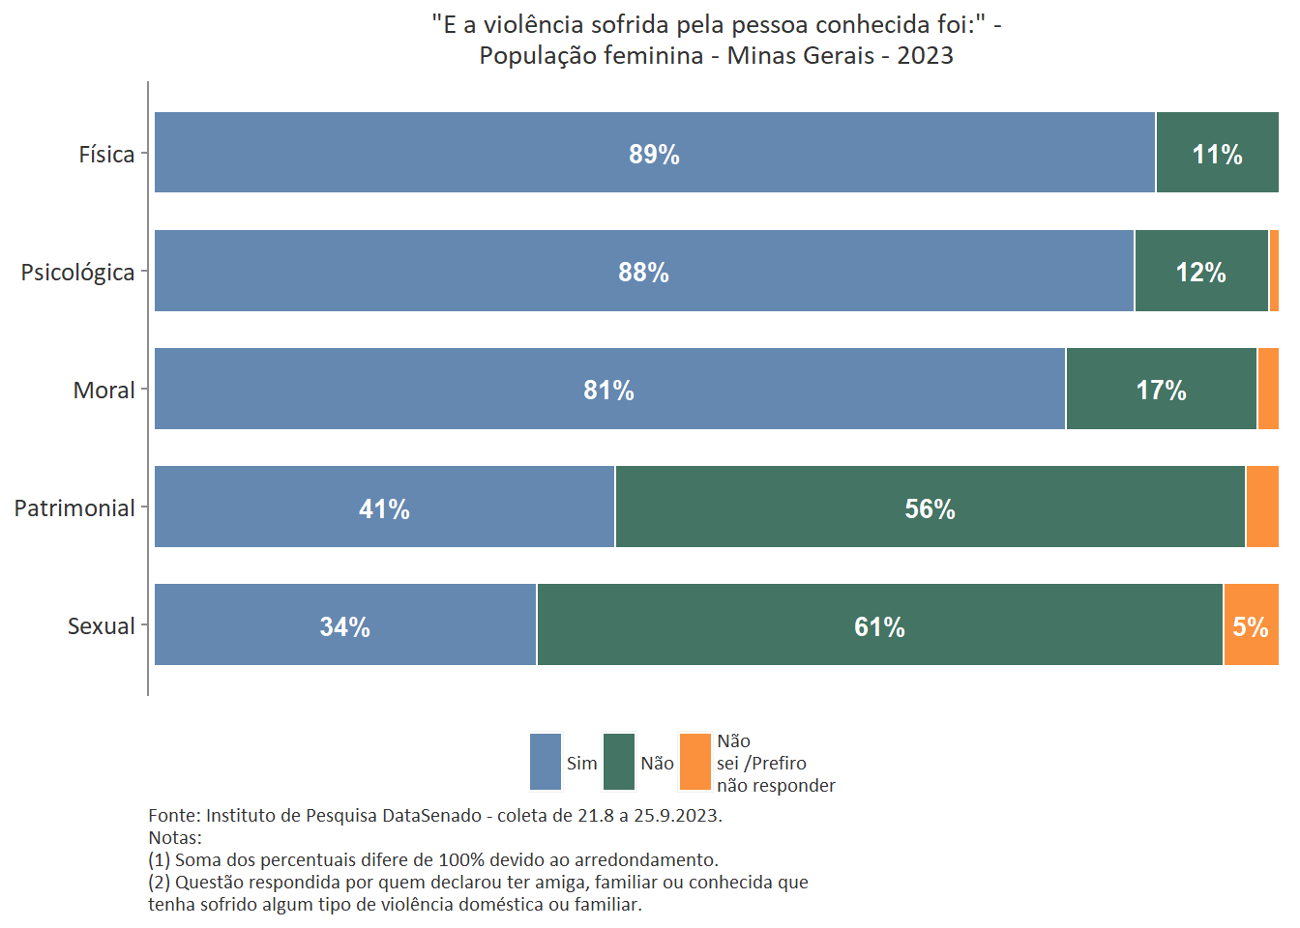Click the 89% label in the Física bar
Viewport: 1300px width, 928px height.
click(x=654, y=155)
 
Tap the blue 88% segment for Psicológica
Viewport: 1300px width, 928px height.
click(x=643, y=272)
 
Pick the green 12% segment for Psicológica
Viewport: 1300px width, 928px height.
click(x=1200, y=272)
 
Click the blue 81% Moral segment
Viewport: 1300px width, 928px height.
click(x=608, y=390)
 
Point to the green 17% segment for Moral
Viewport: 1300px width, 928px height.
click(x=1161, y=390)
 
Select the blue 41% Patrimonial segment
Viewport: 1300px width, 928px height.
click(x=384, y=507)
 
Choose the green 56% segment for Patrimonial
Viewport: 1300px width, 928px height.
click(x=930, y=507)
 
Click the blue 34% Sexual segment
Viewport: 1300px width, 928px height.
click(x=344, y=625)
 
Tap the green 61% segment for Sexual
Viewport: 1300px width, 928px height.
click(x=879, y=625)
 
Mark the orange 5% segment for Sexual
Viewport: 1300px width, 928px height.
click(x=1251, y=625)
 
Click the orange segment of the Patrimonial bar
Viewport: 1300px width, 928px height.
click(x=1262, y=507)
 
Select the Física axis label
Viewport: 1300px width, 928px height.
click(x=106, y=155)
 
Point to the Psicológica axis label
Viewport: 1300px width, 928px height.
click(x=77, y=273)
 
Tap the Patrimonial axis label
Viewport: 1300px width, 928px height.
click(x=74, y=508)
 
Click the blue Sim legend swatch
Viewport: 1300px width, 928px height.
click(x=546, y=762)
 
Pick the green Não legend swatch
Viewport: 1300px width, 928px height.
click(x=619, y=762)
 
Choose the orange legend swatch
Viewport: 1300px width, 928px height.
click(x=695, y=762)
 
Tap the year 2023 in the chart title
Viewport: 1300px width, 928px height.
click(x=925, y=55)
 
